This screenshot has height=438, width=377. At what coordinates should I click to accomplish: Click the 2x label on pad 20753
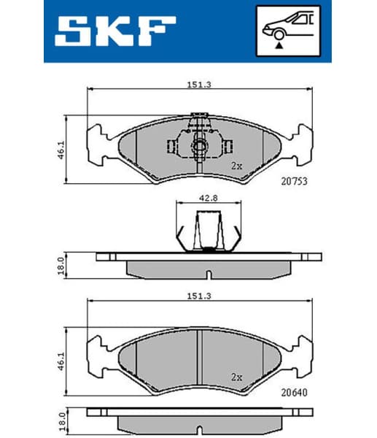pos(236,166)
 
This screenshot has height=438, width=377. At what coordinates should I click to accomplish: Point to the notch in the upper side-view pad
pos(208,274)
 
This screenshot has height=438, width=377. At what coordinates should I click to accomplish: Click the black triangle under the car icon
pos(279,45)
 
